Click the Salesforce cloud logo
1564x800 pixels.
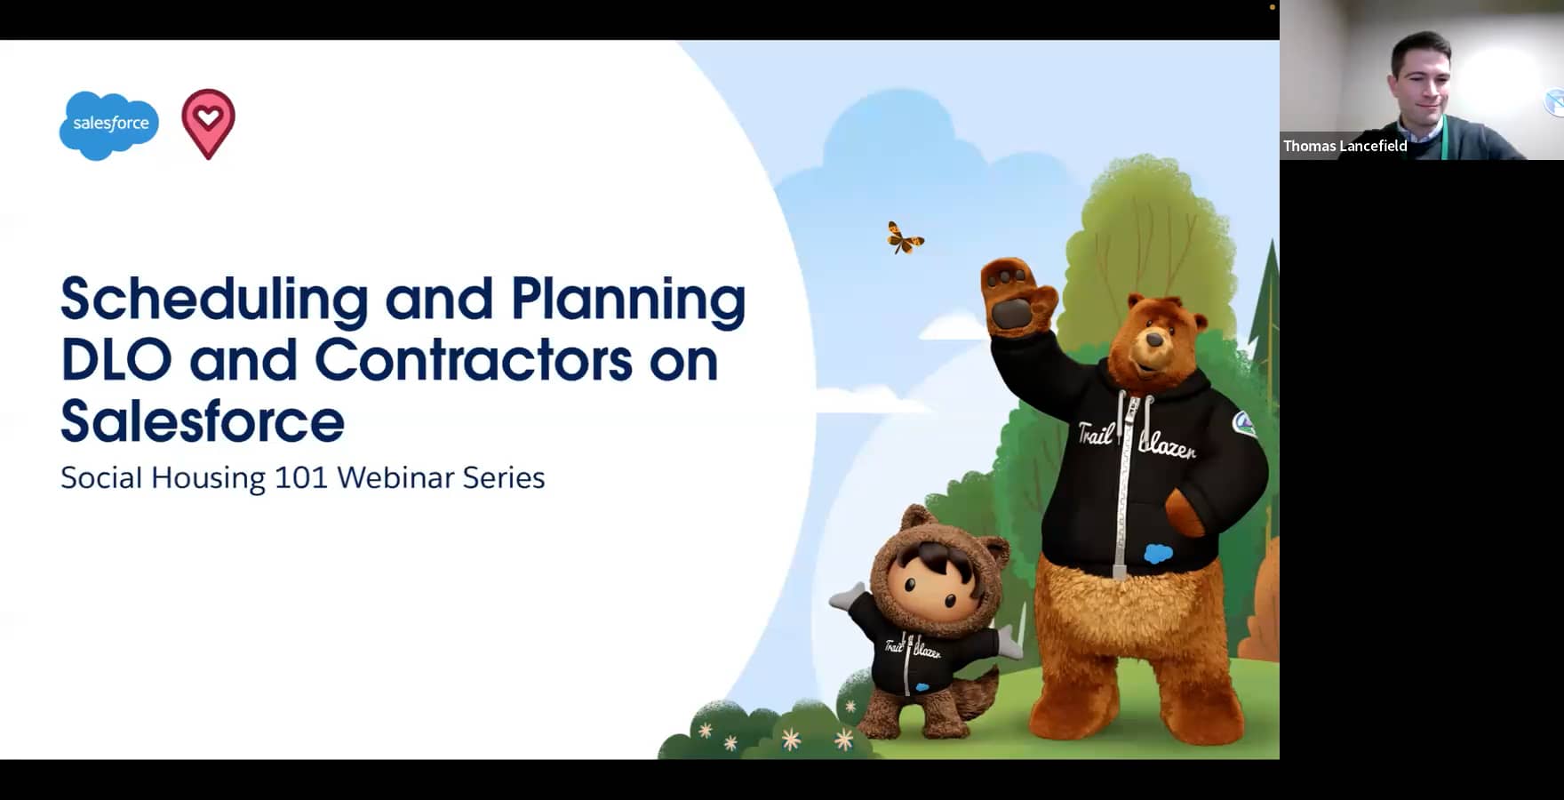click(x=109, y=124)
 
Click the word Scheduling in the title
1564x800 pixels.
click(x=214, y=300)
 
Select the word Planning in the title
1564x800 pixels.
click(x=627, y=300)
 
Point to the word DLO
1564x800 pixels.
click(x=116, y=360)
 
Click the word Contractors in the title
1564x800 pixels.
click(x=474, y=360)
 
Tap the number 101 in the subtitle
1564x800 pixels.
click(x=301, y=478)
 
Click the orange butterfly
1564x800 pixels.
click(x=904, y=238)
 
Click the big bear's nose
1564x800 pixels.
click(x=1154, y=340)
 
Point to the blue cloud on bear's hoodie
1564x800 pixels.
click(x=1158, y=554)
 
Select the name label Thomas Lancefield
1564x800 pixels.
click(x=1345, y=146)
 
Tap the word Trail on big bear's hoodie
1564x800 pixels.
click(x=1095, y=433)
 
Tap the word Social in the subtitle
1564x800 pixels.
click(x=100, y=478)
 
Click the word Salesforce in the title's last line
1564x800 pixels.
click(x=203, y=421)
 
